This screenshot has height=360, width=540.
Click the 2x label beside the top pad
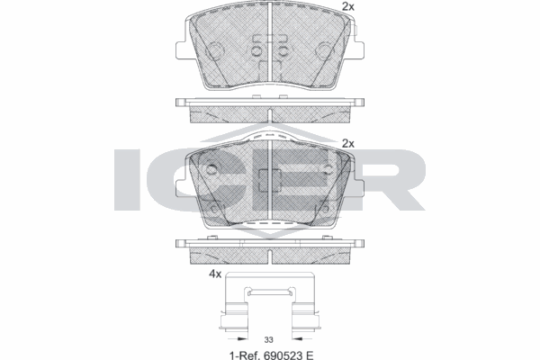click(x=347, y=6)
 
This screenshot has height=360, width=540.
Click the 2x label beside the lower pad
click(x=347, y=143)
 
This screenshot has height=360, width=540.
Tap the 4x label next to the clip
click(x=215, y=274)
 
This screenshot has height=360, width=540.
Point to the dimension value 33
click(x=268, y=339)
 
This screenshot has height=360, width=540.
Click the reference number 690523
click(x=283, y=355)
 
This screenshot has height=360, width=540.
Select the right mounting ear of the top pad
click(x=358, y=50)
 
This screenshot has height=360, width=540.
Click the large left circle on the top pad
click(x=215, y=51)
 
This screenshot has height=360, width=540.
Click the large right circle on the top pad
click(x=325, y=51)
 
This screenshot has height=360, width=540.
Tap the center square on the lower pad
click(x=270, y=181)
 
